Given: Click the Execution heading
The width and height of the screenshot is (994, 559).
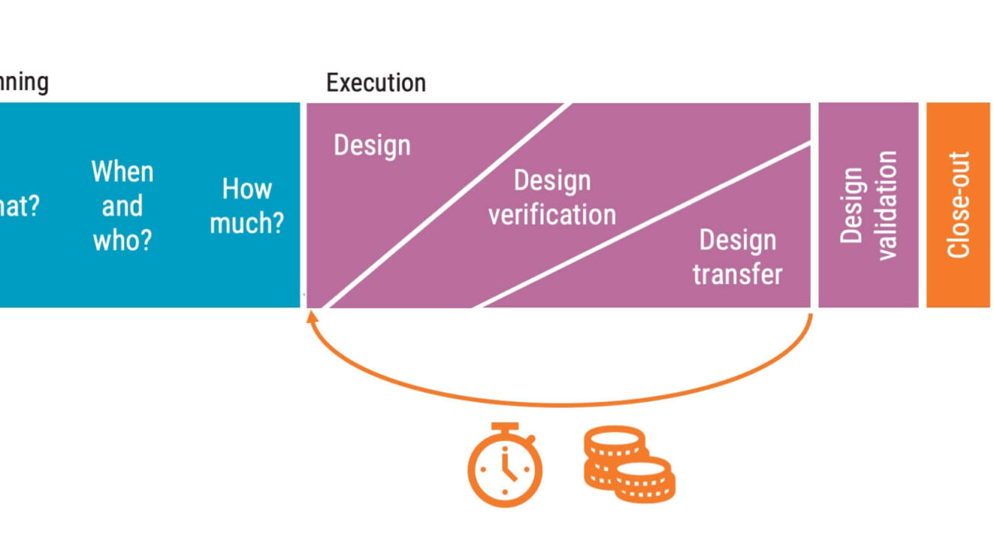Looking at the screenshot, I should [x=376, y=83].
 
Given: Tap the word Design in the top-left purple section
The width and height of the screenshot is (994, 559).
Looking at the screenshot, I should [x=372, y=145].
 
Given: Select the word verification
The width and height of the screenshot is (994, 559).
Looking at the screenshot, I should [x=552, y=214].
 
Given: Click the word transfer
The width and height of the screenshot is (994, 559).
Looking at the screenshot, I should [x=737, y=274].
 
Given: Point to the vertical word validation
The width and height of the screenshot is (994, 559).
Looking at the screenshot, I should [x=886, y=205].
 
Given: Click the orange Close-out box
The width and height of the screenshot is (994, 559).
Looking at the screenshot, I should [x=958, y=205].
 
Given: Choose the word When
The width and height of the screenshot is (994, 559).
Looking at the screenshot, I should [x=123, y=172].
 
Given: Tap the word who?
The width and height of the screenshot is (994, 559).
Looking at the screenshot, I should [x=123, y=240].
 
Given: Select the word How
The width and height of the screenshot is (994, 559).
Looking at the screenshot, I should [x=247, y=189].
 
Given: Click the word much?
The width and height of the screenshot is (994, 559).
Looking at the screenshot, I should [x=247, y=224].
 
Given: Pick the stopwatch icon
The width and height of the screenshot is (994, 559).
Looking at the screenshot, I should [x=505, y=466].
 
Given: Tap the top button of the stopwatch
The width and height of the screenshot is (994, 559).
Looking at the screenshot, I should [x=505, y=427].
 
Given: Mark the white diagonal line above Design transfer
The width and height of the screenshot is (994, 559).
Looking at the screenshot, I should [x=645, y=225].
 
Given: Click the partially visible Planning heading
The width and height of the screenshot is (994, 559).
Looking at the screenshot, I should [x=23, y=82].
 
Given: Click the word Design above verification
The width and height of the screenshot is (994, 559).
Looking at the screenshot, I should [x=552, y=181].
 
